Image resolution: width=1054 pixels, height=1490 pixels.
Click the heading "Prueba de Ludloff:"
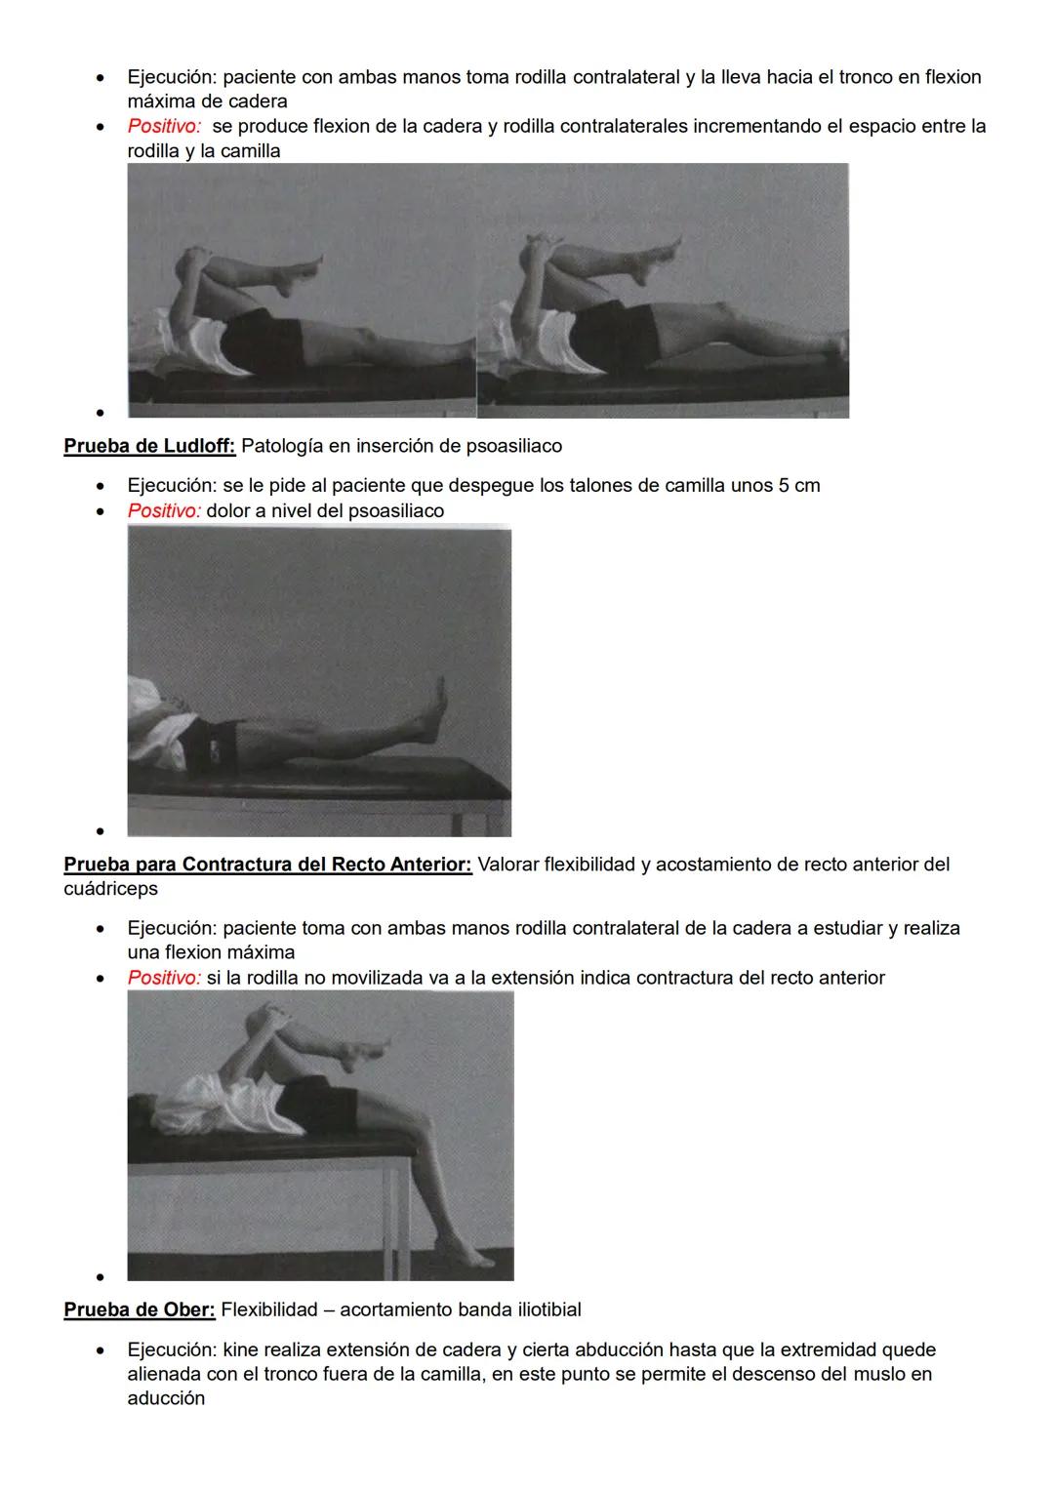click(x=149, y=446)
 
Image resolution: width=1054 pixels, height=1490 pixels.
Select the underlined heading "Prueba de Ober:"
click(x=140, y=1309)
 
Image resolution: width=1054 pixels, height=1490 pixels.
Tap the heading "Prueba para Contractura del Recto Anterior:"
click(x=267, y=865)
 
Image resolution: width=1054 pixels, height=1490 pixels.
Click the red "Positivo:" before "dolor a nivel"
click(x=164, y=510)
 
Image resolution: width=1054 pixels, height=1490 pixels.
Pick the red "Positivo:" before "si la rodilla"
click(x=164, y=978)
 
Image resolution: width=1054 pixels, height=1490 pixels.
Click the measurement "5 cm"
click(x=799, y=485)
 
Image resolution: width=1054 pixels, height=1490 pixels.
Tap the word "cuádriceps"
click(x=110, y=889)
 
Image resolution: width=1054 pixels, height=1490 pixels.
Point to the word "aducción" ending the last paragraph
click(x=166, y=1398)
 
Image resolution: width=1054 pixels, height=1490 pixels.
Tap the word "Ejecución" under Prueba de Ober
click(x=171, y=1349)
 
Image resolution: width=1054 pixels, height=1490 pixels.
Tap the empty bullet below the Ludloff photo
click(x=101, y=831)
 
